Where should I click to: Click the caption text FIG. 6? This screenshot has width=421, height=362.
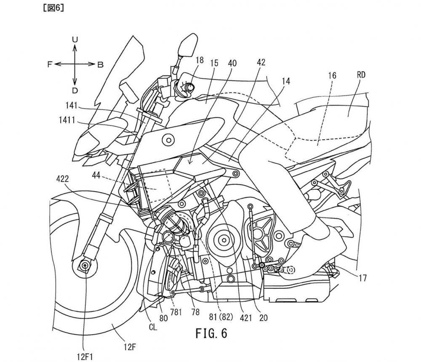pyautogui.click(x=211, y=333)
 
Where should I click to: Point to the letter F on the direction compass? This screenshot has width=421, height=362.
pyautogui.click(x=50, y=64)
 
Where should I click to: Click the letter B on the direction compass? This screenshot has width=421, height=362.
pyautogui.click(x=100, y=64)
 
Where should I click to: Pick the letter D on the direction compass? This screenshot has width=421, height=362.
pyautogui.click(x=75, y=90)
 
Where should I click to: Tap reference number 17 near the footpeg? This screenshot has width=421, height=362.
pyautogui.click(x=363, y=278)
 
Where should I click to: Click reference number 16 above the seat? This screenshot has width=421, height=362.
pyautogui.click(x=333, y=76)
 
